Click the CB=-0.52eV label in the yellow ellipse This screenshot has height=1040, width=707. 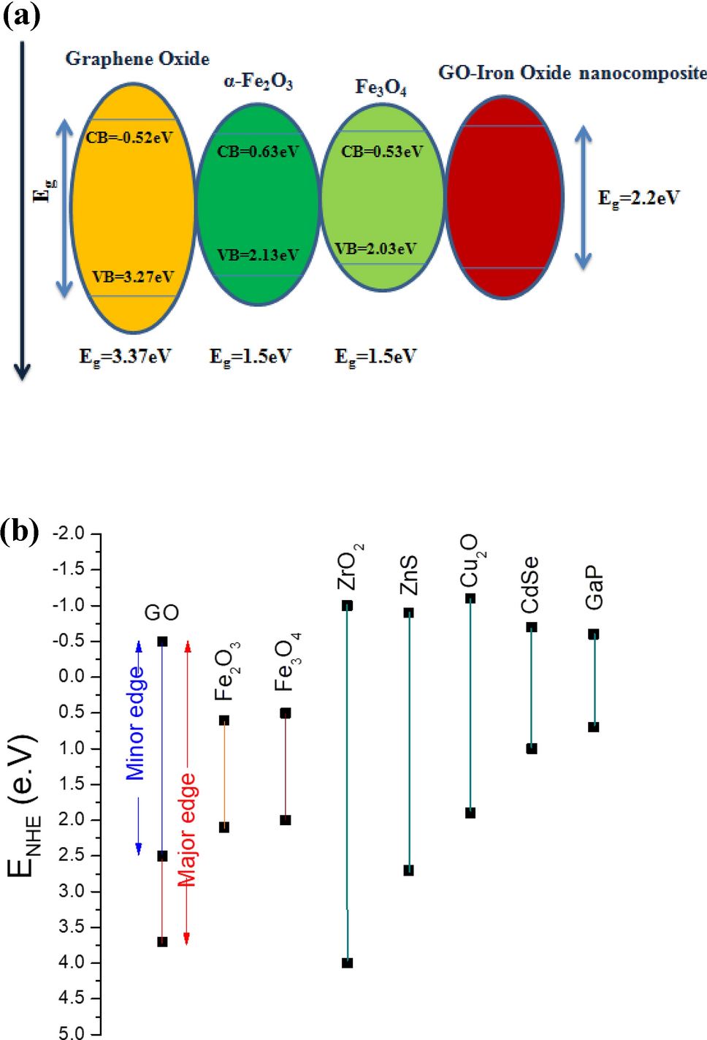click(x=129, y=137)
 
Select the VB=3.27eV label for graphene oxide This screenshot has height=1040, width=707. click(x=133, y=276)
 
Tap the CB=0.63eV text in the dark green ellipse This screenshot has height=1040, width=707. click(x=258, y=152)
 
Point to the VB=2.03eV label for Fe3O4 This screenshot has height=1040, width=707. click(x=375, y=248)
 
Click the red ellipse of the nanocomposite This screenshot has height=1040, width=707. click(x=504, y=197)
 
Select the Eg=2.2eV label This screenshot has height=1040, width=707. click(x=638, y=198)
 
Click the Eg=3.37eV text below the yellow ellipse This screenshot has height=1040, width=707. click(x=125, y=357)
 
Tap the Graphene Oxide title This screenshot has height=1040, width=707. click(x=137, y=58)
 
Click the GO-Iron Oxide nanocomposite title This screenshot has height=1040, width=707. click(x=572, y=73)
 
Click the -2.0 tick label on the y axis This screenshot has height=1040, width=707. click(x=69, y=533)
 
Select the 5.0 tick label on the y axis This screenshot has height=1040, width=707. click(x=72, y=1033)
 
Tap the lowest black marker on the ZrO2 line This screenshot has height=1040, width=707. click(x=348, y=963)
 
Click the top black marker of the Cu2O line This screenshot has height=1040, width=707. click(x=470, y=599)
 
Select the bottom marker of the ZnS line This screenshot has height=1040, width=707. click(x=409, y=870)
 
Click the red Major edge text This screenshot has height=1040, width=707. click(x=188, y=830)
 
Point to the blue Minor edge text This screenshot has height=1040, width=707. click(x=136, y=723)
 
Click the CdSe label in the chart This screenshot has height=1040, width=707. click(x=530, y=585)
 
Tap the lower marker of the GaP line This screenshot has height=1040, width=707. click(x=594, y=726)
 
